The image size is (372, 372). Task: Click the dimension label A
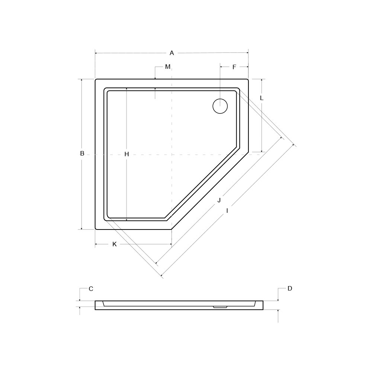[x=172, y=53]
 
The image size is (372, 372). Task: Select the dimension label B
[x=82, y=154]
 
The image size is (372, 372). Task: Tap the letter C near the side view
[x=91, y=289]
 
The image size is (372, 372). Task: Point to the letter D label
[x=290, y=289]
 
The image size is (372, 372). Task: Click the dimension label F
[x=234, y=67]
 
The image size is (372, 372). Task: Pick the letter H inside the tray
[x=127, y=154]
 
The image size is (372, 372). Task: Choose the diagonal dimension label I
[x=227, y=211]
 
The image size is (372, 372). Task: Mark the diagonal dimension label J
[x=219, y=200]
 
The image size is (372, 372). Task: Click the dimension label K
[x=114, y=244]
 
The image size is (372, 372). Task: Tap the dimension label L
[x=262, y=98]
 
